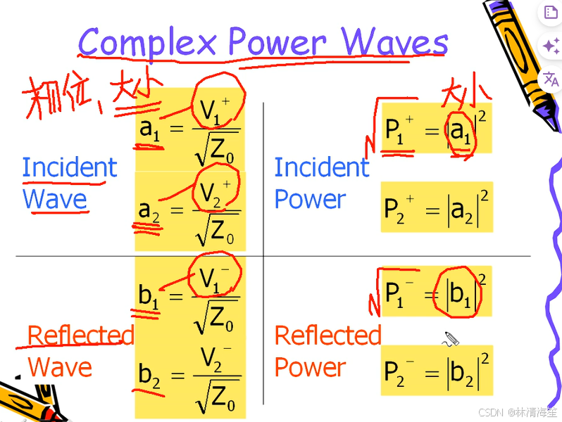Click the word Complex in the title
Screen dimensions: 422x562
click(148, 44)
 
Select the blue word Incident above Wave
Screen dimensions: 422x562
click(69, 168)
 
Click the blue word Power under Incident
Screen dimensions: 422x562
click(310, 200)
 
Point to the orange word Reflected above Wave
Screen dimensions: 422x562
click(80, 335)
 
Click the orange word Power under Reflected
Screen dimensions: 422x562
click(310, 367)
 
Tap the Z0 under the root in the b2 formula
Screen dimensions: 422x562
click(223, 399)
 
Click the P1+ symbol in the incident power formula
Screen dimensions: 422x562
click(399, 129)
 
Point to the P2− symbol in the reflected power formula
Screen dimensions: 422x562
click(399, 372)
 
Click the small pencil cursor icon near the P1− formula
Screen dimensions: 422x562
click(451, 339)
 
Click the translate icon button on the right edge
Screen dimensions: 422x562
click(551, 79)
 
